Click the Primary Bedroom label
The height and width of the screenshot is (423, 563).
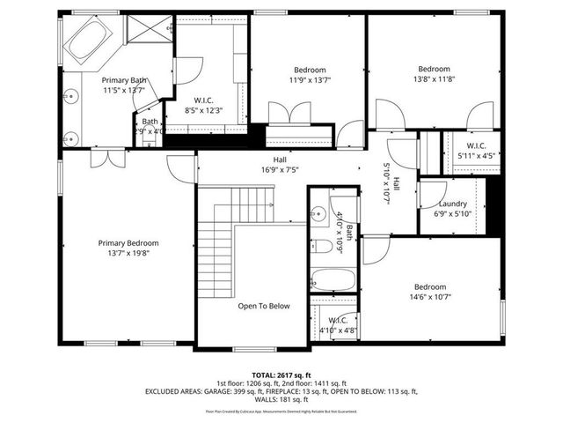[x=128, y=243]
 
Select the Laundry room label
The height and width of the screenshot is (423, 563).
[x=452, y=204]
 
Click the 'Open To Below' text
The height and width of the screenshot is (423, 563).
[x=263, y=306]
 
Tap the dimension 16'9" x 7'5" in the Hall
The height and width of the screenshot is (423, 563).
[x=280, y=170]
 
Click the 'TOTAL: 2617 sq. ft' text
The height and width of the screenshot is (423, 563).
[x=281, y=374]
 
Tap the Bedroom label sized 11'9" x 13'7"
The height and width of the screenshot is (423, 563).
[x=310, y=70]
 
